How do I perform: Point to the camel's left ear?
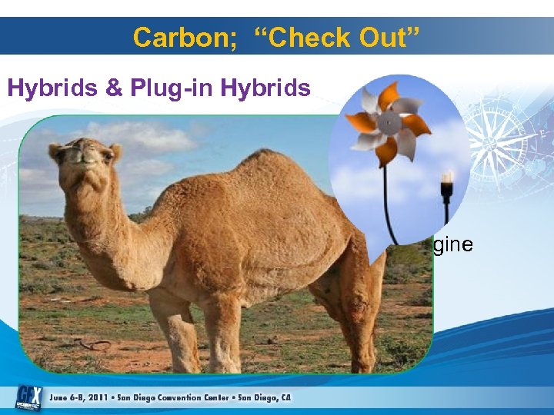pyautogui.click(x=115, y=151)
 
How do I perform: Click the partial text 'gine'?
pyautogui.click(x=454, y=246)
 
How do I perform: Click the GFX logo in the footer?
pyautogui.click(x=28, y=395)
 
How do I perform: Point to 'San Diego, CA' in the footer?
pyautogui.click(x=265, y=397)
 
